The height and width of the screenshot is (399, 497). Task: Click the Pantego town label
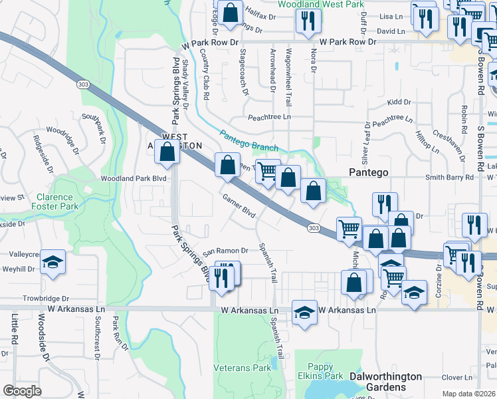[369, 172]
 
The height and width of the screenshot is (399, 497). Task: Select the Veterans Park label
[242, 368]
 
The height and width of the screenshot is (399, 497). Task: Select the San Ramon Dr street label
[225, 251]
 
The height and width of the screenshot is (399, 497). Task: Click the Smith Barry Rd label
[449, 178]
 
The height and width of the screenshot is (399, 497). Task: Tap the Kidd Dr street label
[399, 102]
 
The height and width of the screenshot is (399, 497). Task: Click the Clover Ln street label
[456, 377]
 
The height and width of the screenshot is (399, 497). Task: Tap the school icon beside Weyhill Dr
[53, 262]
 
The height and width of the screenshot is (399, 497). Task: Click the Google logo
[22, 391]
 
